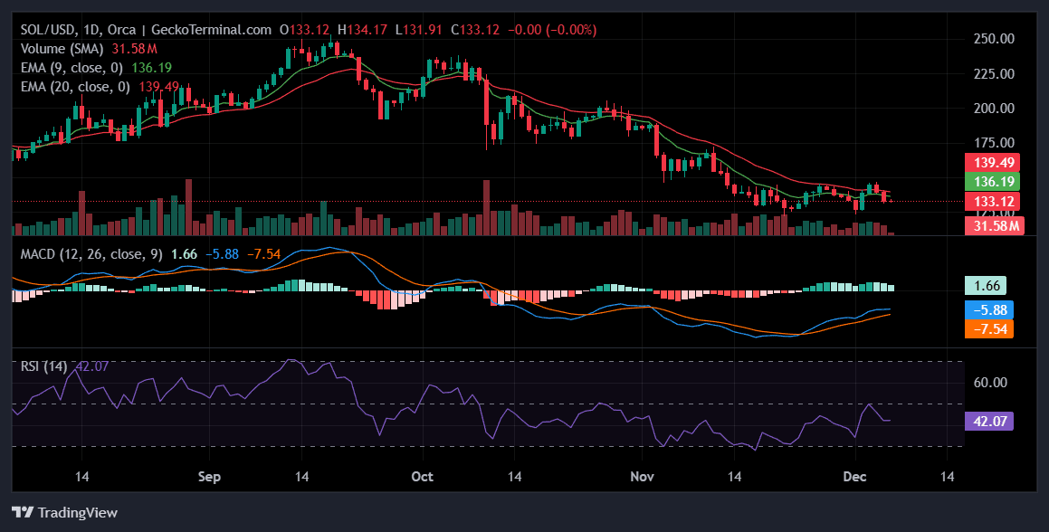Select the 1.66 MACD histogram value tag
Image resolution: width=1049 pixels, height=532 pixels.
986,286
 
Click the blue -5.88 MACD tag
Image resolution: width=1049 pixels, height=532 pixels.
989,309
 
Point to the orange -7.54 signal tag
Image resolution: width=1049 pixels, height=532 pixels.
989,328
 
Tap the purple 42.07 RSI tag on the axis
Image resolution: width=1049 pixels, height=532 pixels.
989,421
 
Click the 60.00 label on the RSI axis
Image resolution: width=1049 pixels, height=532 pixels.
989,382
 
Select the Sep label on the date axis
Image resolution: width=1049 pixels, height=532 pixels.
209,476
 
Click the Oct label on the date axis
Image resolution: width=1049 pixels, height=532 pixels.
422,476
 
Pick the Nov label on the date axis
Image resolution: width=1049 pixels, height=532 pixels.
642,476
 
